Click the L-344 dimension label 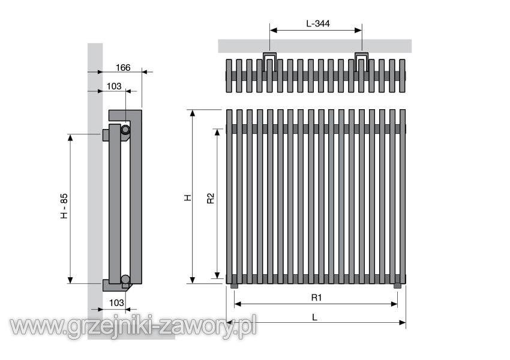tap(318, 23)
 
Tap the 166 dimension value tap(123, 68)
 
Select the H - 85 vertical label tap(64, 206)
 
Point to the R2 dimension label tap(211, 199)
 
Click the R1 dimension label tap(316, 297)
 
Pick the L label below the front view tap(314, 317)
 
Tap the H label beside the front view tap(188, 198)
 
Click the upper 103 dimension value tap(114, 86)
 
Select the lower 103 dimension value tap(116, 303)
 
